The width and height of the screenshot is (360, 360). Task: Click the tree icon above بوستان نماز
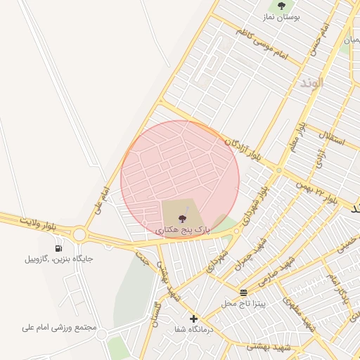click(x=281, y=6)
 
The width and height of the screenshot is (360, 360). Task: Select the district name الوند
click(x=310, y=83)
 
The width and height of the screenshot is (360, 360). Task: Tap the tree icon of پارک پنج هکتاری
click(x=182, y=218)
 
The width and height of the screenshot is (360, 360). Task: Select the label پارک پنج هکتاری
click(x=182, y=230)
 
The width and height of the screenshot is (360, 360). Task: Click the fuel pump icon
click(x=58, y=247)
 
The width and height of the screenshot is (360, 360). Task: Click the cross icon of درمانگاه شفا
click(x=194, y=319)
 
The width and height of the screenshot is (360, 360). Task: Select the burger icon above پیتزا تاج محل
click(x=244, y=292)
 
